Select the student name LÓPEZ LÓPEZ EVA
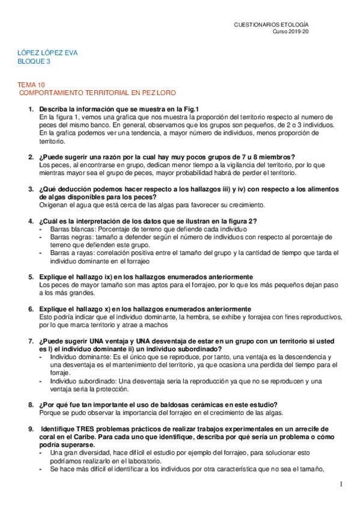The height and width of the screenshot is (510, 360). (48, 53)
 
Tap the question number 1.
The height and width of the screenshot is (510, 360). (31, 108)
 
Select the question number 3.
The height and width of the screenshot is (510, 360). (31, 189)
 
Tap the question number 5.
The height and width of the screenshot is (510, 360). (31, 277)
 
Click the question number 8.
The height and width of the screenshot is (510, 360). (31, 404)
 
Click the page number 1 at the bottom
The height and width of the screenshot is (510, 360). (341, 484)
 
